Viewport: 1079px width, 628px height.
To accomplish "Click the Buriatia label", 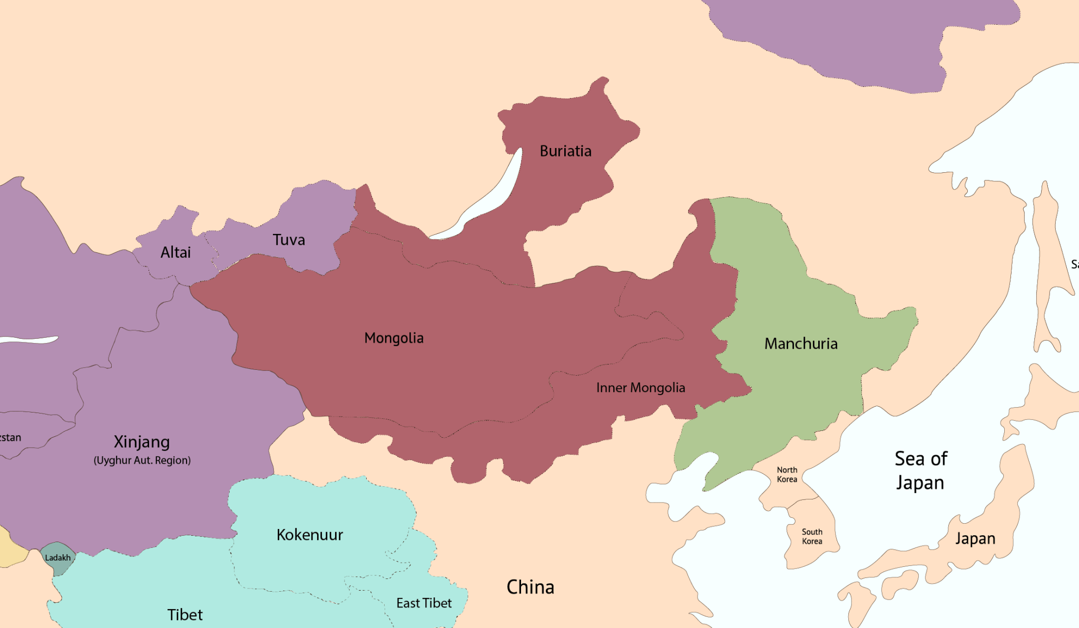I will [x=565, y=151].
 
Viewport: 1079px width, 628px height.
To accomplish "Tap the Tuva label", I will [x=289, y=240].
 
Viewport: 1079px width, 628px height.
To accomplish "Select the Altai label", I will [x=175, y=252].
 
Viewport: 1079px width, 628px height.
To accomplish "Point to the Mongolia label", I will [x=394, y=338].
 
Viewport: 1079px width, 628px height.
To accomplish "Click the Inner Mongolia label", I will [x=640, y=388].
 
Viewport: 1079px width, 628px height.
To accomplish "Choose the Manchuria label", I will [x=800, y=344].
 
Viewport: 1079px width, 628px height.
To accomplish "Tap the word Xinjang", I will [x=142, y=441].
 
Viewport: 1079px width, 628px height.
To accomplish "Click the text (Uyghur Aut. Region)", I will [x=142, y=460].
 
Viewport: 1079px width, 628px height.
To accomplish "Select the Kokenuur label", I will [x=310, y=535].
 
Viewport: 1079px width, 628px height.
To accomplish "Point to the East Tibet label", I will [x=424, y=603].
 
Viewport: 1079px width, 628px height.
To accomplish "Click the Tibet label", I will [x=185, y=614].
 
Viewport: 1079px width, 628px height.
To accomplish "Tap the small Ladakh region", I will [x=57, y=557].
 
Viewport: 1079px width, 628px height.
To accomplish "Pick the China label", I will [x=530, y=587].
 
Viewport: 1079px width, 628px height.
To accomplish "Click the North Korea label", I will [x=787, y=474].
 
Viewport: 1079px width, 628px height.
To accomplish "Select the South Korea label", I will [x=812, y=536].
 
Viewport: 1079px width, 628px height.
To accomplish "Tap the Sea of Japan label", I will [x=920, y=470].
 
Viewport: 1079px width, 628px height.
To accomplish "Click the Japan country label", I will [x=975, y=538].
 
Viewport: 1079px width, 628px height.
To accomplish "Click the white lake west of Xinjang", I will [x=29, y=340].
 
